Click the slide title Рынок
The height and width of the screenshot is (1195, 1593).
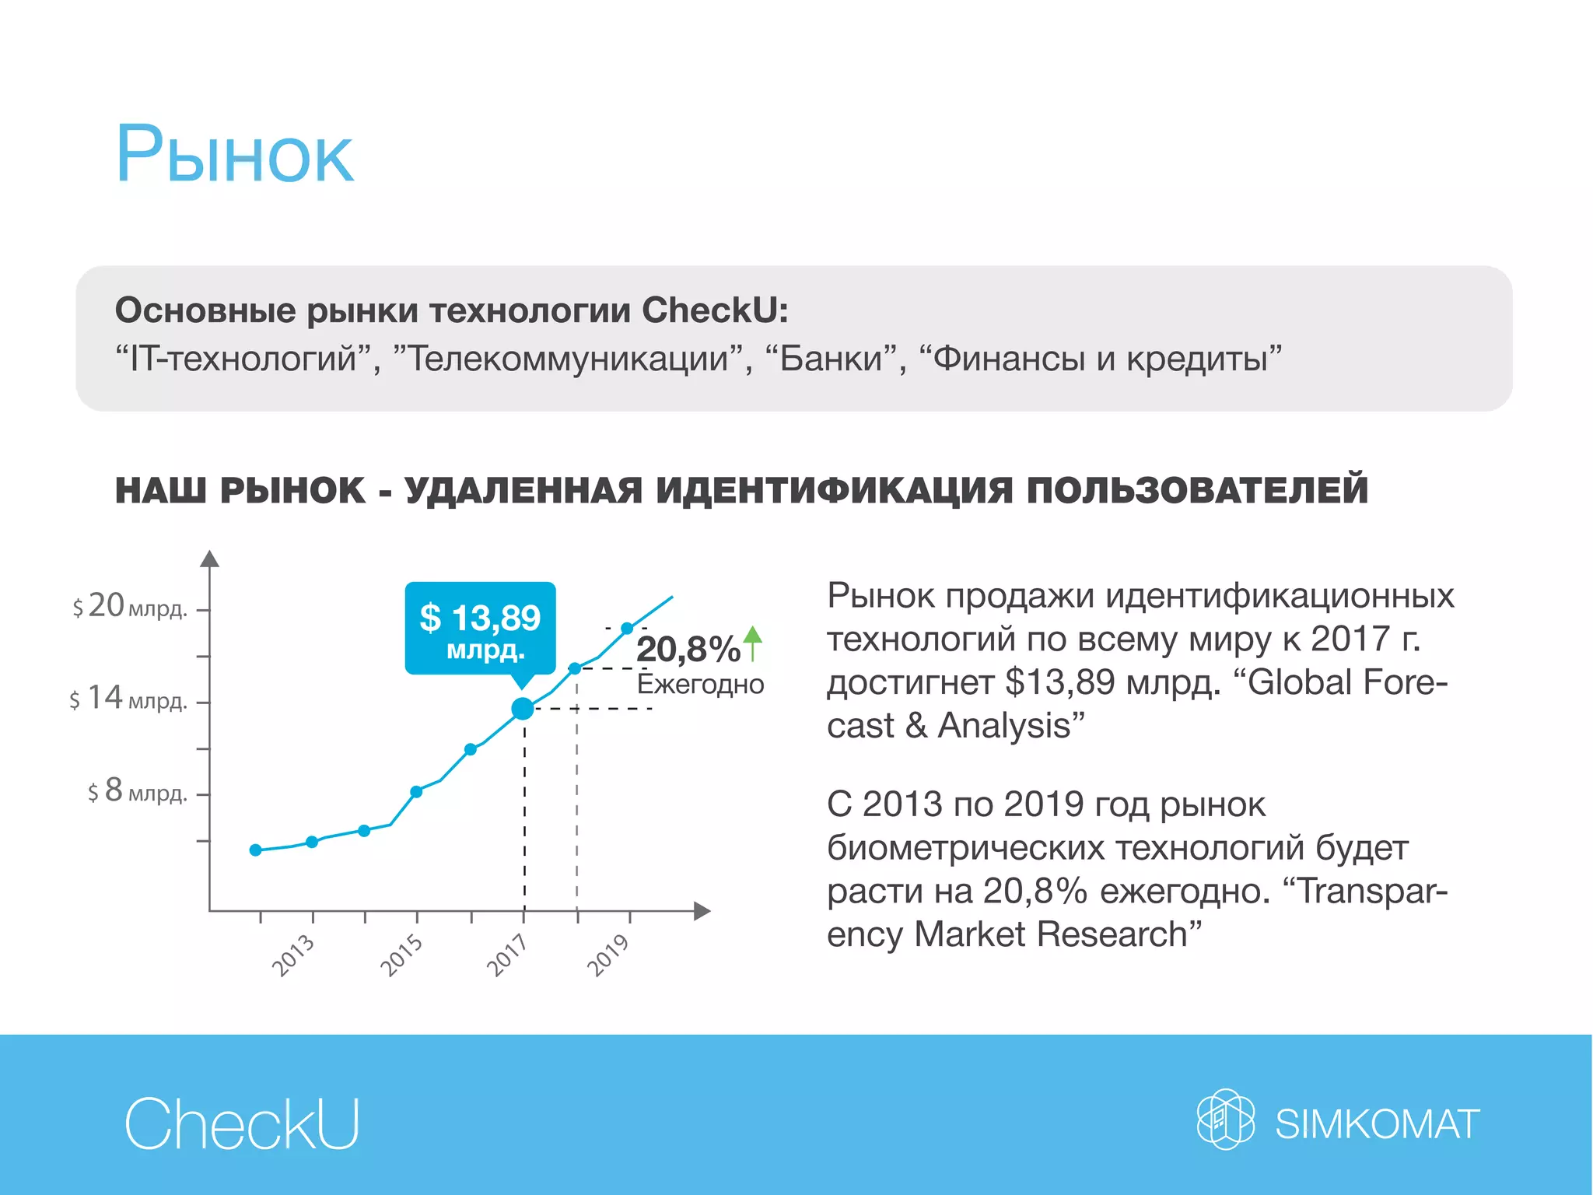pyautogui.click(x=235, y=156)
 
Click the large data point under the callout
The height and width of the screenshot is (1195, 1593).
pyautogui.click(x=523, y=709)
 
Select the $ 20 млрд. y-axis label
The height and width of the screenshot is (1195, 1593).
pyautogui.click(x=130, y=606)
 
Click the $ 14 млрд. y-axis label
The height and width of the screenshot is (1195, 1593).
pyautogui.click(x=128, y=699)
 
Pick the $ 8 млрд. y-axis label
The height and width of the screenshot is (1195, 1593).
pyautogui.click(x=137, y=791)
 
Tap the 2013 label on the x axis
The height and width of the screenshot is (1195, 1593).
pyautogui.click(x=293, y=955)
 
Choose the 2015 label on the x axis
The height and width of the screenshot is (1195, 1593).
pyautogui.click(x=401, y=955)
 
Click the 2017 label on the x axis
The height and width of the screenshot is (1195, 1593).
pyautogui.click(x=507, y=955)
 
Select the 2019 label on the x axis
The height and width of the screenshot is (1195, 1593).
pyautogui.click(x=608, y=955)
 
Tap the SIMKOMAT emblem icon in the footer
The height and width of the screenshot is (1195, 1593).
pyautogui.click(x=1225, y=1120)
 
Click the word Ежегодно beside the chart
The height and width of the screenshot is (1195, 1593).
pyautogui.click(x=700, y=685)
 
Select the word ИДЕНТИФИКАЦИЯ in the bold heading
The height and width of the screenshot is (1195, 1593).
pyautogui.click(x=834, y=491)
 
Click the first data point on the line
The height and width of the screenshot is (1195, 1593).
pyautogui.click(x=256, y=850)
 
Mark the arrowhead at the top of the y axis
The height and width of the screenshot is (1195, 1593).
pyautogui.click(x=209, y=559)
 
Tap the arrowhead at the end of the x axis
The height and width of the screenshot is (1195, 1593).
pyautogui.click(x=702, y=911)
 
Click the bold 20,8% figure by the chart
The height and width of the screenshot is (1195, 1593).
pyautogui.click(x=688, y=649)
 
